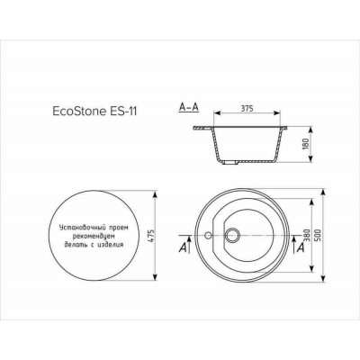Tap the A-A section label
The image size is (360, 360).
coord(190,106)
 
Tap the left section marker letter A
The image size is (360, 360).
coord(184,245)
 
